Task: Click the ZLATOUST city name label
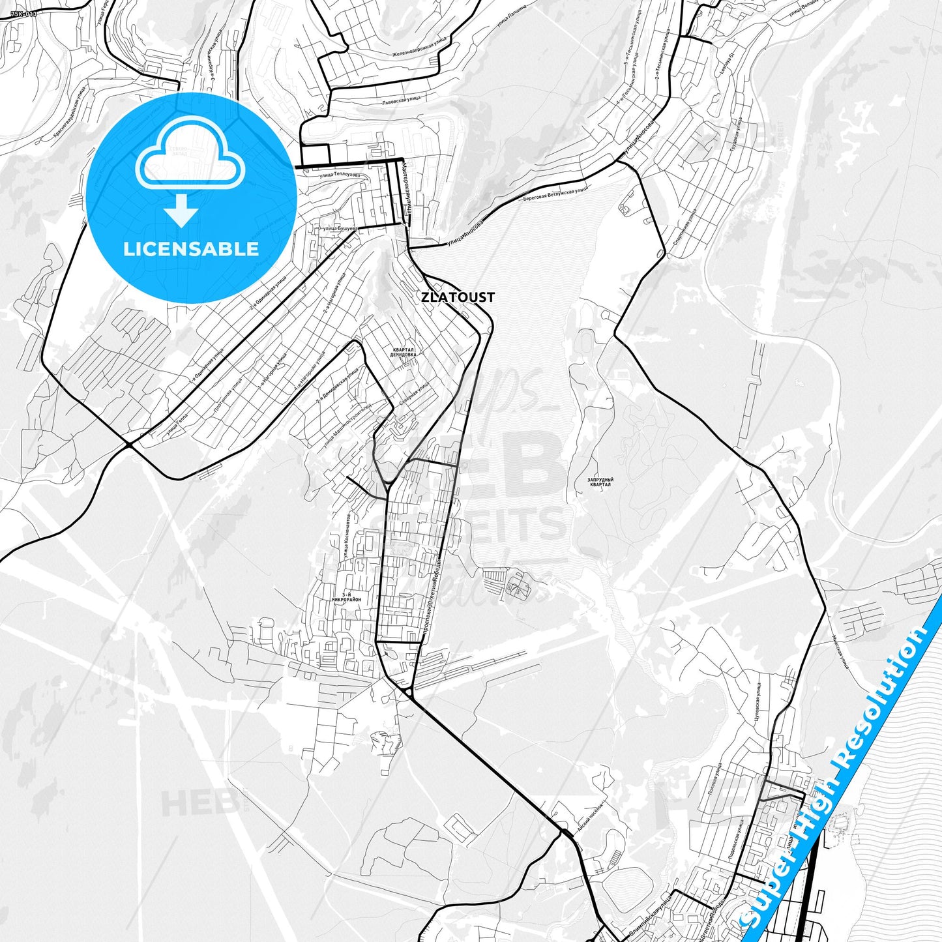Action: coord(458,297)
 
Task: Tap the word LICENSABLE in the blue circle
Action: coord(191,248)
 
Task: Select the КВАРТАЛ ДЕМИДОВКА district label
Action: coord(402,353)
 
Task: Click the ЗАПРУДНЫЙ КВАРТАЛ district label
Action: coord(600,482)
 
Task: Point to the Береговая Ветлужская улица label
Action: coord(555,195)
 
